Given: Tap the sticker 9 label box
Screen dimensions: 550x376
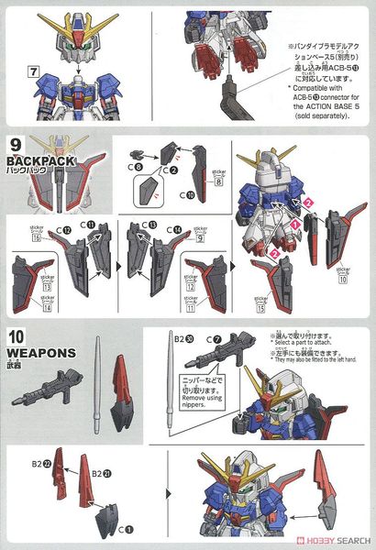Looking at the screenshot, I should [198, 236].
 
